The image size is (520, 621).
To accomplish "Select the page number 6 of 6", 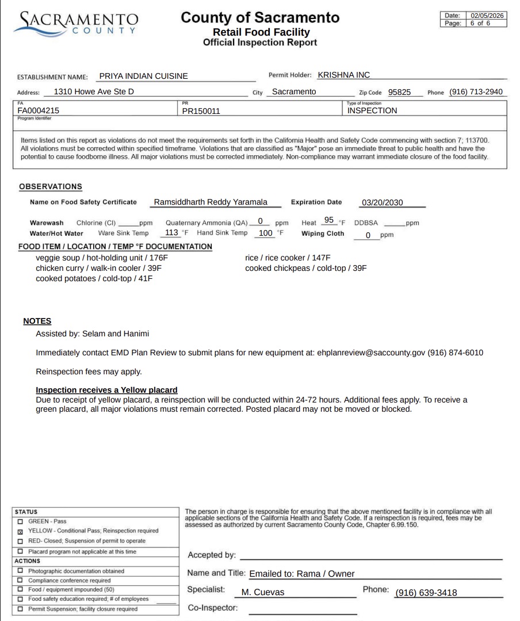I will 480,24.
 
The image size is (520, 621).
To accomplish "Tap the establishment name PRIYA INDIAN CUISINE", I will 143,75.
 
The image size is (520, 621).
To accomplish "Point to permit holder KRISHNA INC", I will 343,75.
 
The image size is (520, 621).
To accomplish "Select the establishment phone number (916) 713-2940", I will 476,92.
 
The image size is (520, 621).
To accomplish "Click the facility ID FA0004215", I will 39,110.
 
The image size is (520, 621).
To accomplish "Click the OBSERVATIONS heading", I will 51,187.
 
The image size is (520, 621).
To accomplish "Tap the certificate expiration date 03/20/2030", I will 382,203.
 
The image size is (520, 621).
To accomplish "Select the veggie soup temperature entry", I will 102,258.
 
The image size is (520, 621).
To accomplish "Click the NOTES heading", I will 37,321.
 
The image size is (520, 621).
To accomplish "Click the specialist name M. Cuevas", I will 263,593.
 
